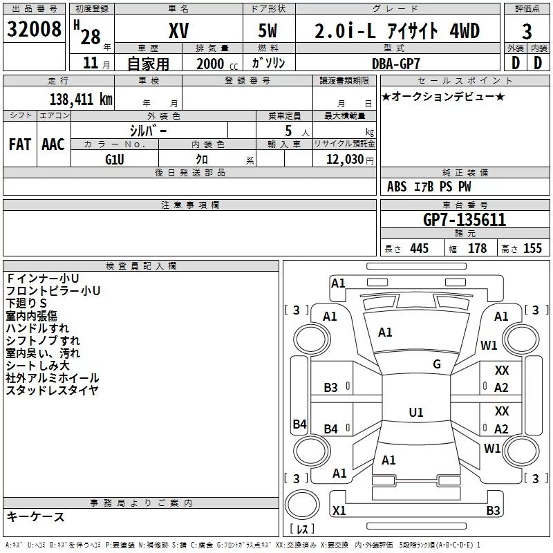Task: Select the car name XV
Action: point(178,30)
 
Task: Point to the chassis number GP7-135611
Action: point(464,220)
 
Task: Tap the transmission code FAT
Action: point(19,144)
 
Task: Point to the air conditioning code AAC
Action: point(53,144)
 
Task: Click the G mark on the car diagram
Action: point(437,364)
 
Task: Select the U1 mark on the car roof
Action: point(415,413)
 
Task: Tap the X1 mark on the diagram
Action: point(339,511)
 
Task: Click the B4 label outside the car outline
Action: point(299,424)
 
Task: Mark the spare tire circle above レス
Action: point(302,505)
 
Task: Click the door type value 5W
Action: point(270,30)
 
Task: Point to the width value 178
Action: point(477,249)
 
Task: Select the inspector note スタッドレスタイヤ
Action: point(53,391)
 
